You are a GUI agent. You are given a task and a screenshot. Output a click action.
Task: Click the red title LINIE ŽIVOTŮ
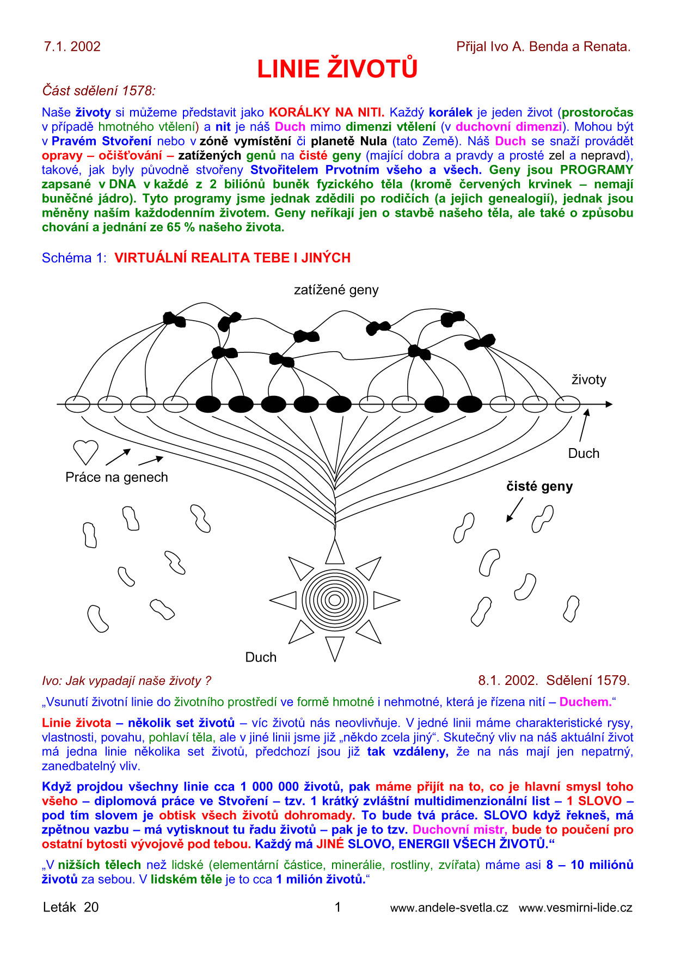tap(337, 69)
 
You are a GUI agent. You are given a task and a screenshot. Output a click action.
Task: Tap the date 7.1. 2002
tap(72, 47)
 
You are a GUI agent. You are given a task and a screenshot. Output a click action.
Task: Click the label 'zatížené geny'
tap(336, 290)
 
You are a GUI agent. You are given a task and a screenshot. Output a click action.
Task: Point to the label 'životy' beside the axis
tap(588, 379)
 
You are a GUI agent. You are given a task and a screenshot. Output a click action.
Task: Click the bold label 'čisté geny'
tap(539, 486)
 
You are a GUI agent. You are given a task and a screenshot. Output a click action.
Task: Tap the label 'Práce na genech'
tap(116, 477)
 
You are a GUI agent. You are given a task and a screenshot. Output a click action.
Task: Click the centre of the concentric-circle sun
tap(335, 600)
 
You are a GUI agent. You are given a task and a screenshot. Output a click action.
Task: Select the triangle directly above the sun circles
tap(335, 552)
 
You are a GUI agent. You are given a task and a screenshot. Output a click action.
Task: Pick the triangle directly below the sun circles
tap(335, 647)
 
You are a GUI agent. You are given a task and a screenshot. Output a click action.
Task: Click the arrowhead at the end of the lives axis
tap(609, 404)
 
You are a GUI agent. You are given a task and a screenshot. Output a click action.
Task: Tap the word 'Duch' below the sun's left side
tap(261, 657)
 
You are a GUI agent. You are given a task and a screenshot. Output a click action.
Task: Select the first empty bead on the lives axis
tap(77, 404)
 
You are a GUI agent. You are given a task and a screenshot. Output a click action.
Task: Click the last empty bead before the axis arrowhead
tap(567, 404)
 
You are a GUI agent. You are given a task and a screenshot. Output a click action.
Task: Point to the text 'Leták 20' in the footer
tap(71, 907)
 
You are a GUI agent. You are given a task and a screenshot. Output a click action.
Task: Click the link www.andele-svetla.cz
tap(449, 908)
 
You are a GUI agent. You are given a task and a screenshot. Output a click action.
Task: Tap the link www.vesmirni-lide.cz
tap(575, 908)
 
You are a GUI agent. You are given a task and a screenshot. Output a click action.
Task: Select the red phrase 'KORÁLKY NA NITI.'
tap(327, 113)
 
